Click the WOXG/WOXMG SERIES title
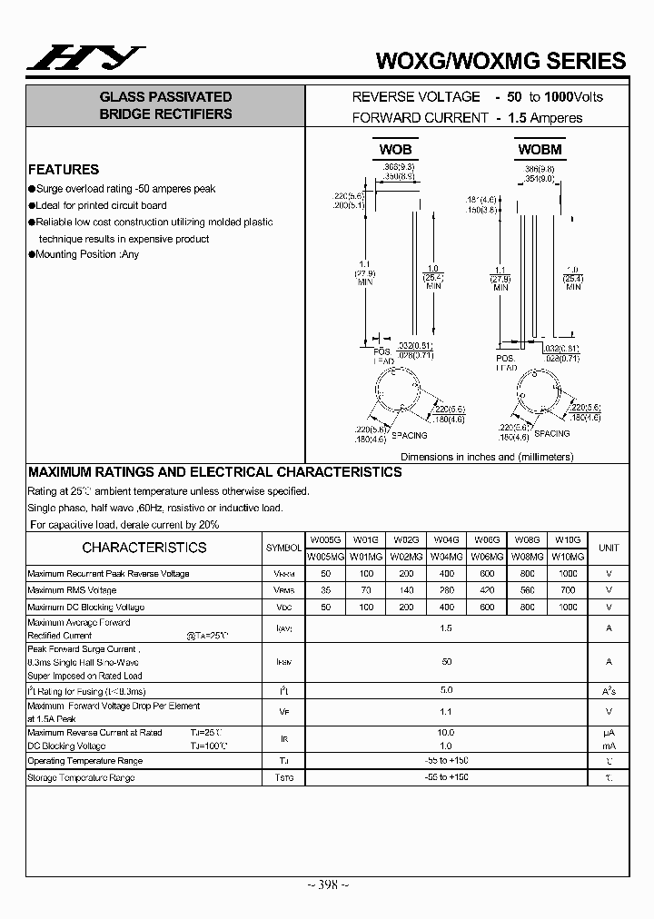point(500,61)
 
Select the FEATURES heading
point(64,169)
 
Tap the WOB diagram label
point(395,149)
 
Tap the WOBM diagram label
point(540,149)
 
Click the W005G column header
point(324,539)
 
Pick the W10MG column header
point(568,556)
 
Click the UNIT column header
point(609,548)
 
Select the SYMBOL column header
point(283,548)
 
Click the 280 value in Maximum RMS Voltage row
point(446,590)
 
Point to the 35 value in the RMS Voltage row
point(324,590)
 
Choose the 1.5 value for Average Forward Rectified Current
point(446,628)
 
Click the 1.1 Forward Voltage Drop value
point(446,712)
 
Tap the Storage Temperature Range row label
point(82,777)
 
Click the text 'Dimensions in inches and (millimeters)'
point(487,458)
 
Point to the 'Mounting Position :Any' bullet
point(87,255)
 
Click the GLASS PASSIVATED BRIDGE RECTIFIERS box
point(165,105)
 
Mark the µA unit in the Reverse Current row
point(609,732)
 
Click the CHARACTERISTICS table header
point(144,548)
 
